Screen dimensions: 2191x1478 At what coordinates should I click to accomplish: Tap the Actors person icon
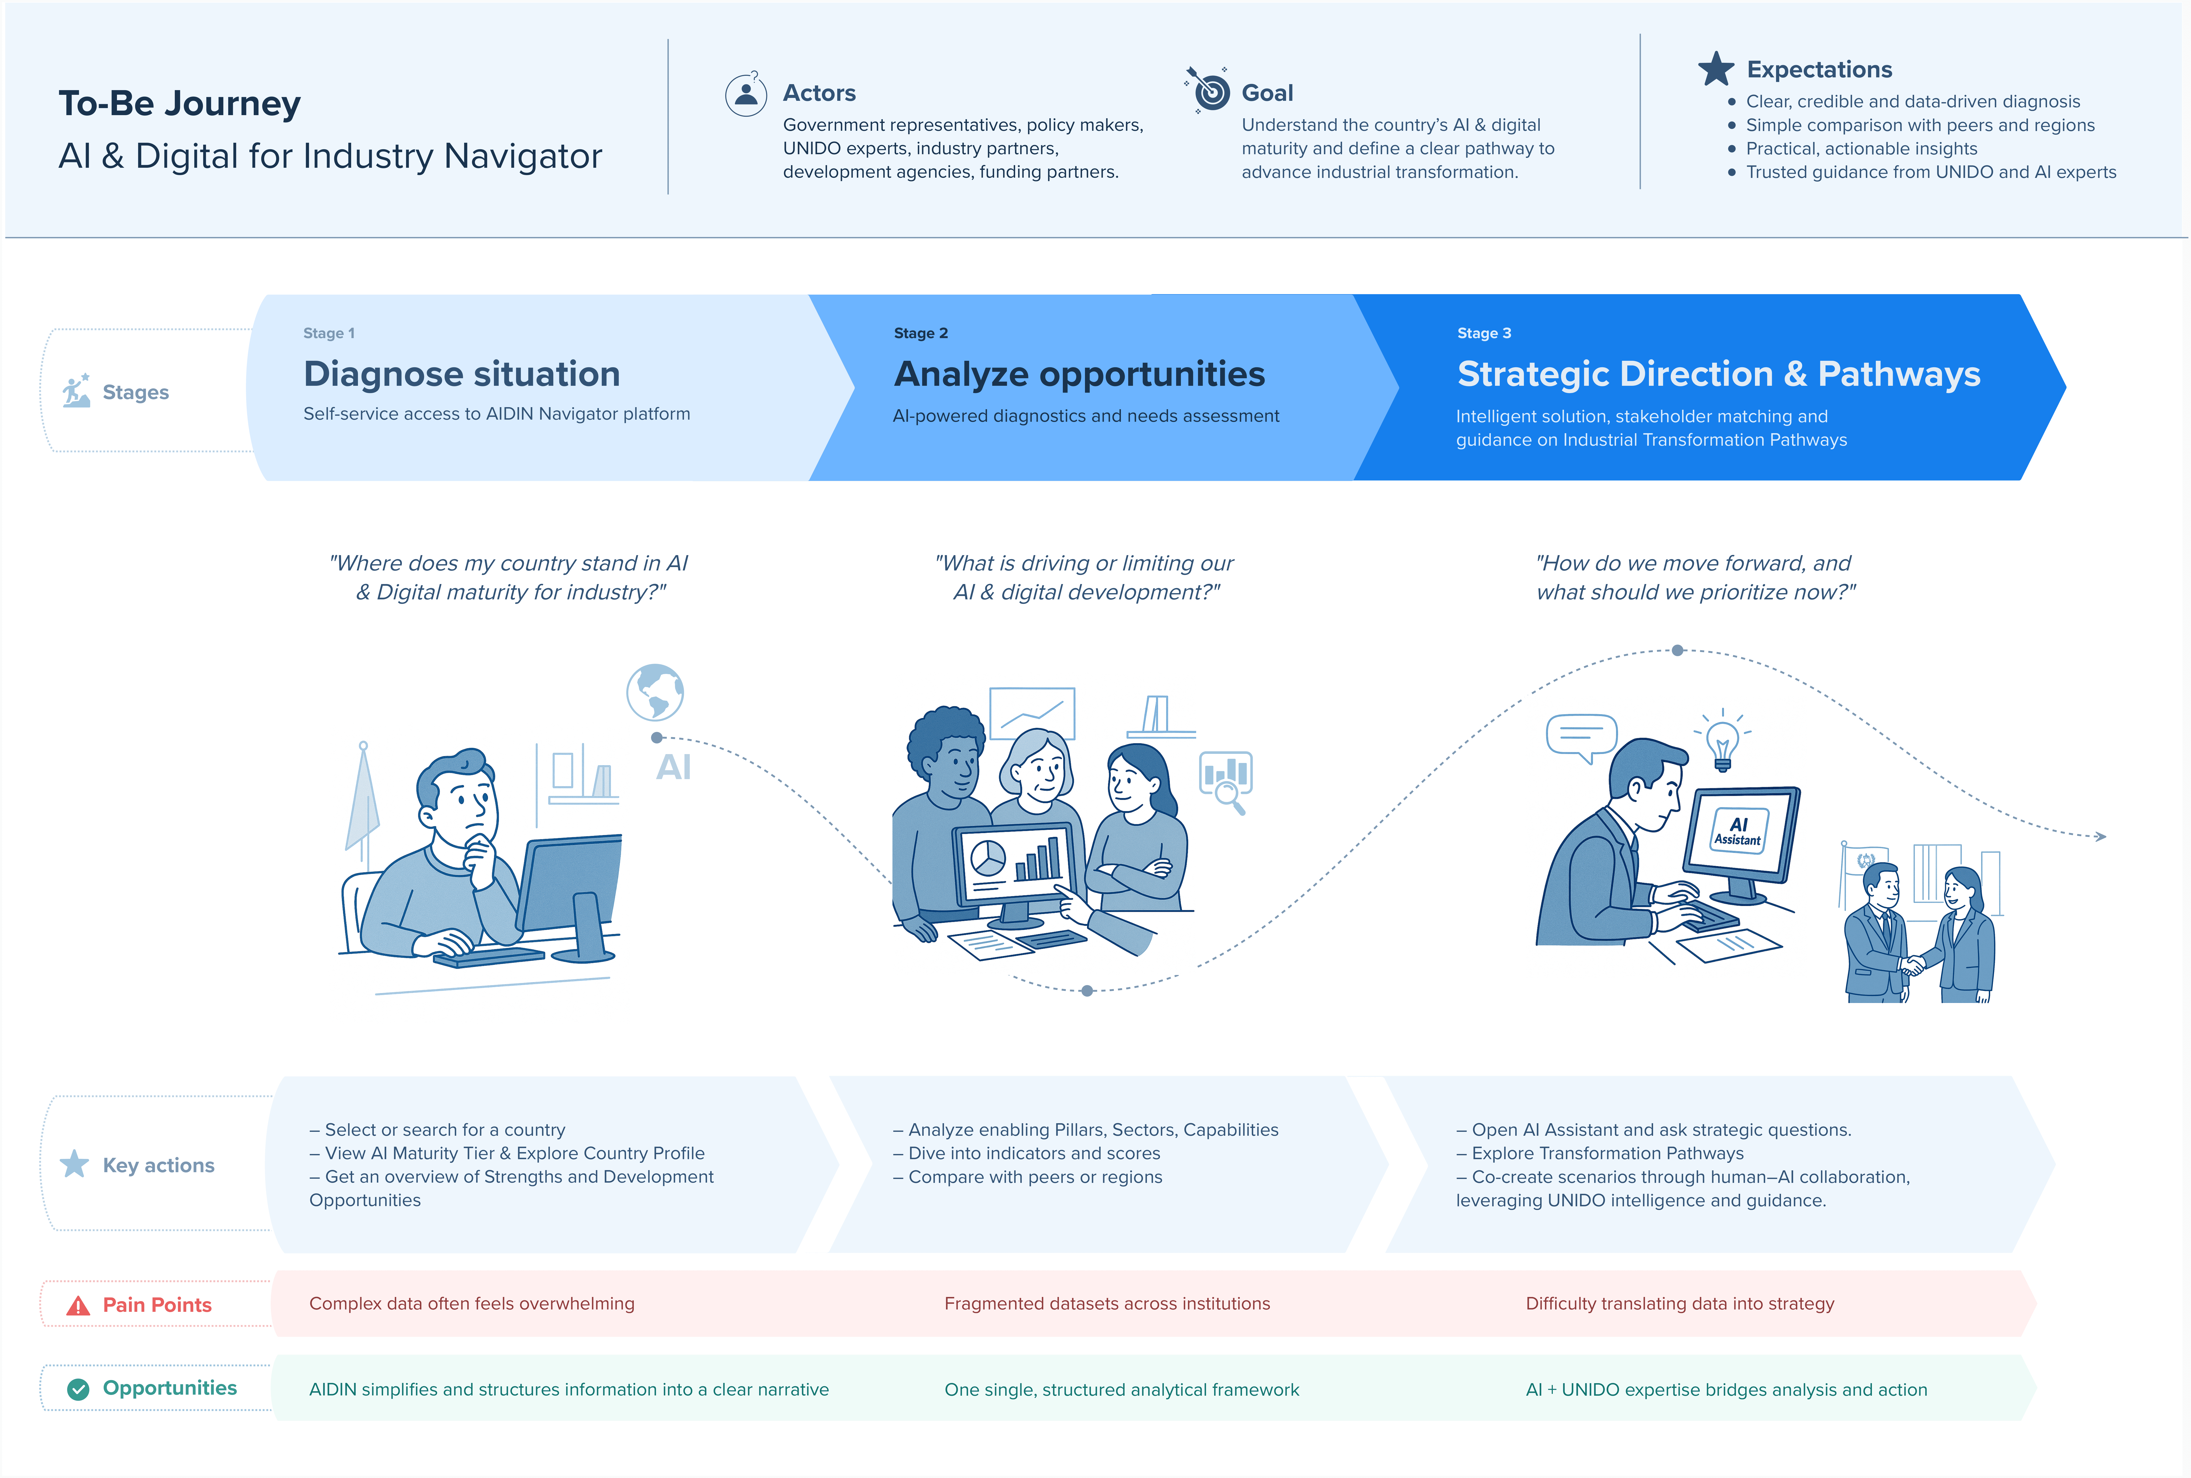[x=746, y=94]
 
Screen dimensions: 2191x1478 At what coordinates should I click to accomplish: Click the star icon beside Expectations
[x=1715, y=69]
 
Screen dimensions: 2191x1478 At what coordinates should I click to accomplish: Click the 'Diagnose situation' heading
[x=462, y=374]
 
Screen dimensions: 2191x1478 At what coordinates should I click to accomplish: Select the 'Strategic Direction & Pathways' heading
[x=1718, y=374]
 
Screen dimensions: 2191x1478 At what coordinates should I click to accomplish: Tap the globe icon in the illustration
[x=655, y=692]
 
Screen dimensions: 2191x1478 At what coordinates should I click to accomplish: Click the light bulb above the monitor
[x=1723, y=741]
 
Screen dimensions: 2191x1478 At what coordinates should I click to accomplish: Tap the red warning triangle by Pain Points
[x=78, y=1306]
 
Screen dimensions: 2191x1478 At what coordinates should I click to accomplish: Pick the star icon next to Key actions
[x=75, y=1164]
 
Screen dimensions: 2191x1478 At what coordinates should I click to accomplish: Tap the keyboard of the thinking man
[x=488, y=957]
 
